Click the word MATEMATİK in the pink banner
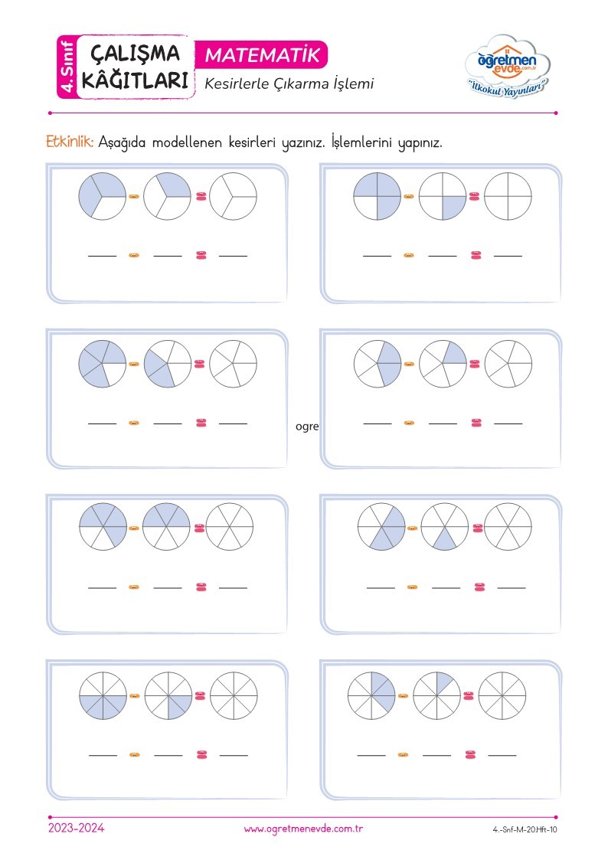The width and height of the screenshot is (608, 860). [x=263, y=55]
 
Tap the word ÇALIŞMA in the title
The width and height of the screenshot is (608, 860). [x=135, y=54]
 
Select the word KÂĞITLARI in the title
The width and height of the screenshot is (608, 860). [x=135, y=80]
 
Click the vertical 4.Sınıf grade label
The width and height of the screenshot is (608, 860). [x=67, y=67]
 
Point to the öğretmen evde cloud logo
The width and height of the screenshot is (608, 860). [x=507, y=66]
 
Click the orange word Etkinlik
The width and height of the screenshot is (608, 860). [x=70, y=142]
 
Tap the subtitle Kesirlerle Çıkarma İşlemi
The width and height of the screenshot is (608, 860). [x=289, y=84]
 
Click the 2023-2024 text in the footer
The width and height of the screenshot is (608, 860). [x=77, y=828]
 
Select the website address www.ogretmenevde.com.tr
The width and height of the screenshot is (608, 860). [x=304, y=829]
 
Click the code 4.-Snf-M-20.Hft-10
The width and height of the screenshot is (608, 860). [x=525, y=830]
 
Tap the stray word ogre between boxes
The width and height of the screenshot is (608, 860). [x=307, y=426]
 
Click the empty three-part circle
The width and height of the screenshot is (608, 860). [x=233, y=196]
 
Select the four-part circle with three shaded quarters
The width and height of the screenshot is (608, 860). [x=378, y=196]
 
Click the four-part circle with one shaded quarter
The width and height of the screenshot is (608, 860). [x=443, y=196]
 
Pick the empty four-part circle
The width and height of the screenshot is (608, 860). [x=508, y=196]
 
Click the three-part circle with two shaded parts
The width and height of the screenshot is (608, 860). [x=102, y=196]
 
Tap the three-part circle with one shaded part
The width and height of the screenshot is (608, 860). [x=167, y=196]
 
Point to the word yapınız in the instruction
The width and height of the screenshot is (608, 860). [x=420, y=143]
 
